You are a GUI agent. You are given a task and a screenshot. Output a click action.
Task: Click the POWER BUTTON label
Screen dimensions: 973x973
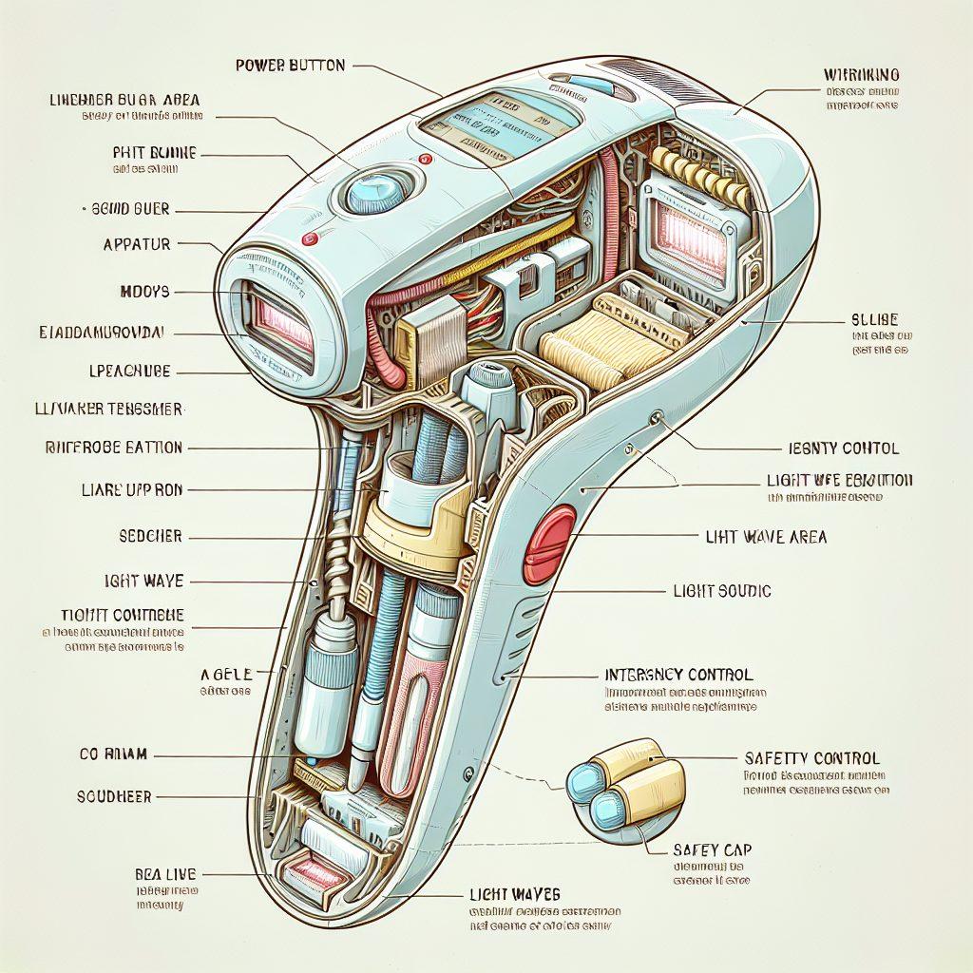click(290, 66)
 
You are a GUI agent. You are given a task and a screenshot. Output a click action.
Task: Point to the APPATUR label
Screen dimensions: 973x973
click(138, 244)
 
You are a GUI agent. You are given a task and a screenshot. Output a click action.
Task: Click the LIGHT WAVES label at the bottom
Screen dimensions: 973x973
click(514, 894)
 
